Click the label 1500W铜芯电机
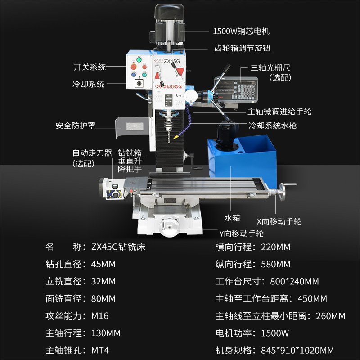tap(241, 31)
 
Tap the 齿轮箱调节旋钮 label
tap(242, 48)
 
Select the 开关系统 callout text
tap(90, 67)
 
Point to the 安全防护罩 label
tap(75, 126)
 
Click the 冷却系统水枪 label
tap(273, 126)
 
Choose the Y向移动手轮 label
tap(241, 234)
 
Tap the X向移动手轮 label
tap(279, 221)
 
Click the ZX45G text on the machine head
tap(172, 61)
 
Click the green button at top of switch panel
tap(139, 60)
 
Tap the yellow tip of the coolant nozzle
tap(176, 137)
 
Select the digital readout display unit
tap(236, 89)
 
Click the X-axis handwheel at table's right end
tap(282, 192)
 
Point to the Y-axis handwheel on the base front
tap(170, 227)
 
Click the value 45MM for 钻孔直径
tap(103, 264)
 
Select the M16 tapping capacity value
tap(100, 316)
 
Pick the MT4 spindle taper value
tap(100, 351)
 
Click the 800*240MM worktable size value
tap(294, 282)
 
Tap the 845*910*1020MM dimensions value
tap(297, 351)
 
